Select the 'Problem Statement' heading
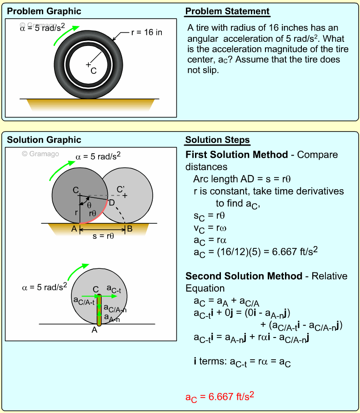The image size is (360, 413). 227,11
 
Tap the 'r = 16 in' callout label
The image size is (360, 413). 146,32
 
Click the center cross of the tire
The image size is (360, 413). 88,65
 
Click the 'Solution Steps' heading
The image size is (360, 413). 217,140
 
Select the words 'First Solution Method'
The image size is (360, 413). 236,155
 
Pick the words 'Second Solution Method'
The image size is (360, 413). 244,276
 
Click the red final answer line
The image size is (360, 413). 219,396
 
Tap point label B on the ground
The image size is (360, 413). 130,229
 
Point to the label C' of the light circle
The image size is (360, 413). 120,189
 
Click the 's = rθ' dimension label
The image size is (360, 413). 103,237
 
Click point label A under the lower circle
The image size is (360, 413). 95,331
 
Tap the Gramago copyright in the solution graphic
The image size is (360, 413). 40,154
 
